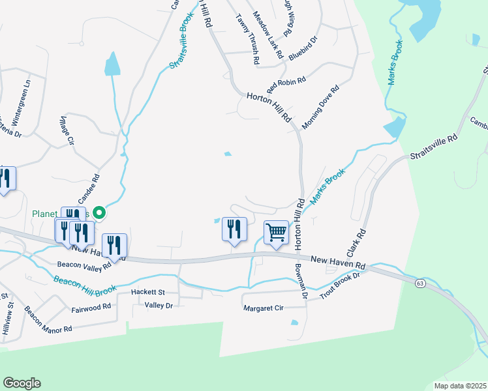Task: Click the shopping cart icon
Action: point(276,232)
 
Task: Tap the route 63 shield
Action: point(419,283)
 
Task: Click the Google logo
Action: point(22,383)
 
